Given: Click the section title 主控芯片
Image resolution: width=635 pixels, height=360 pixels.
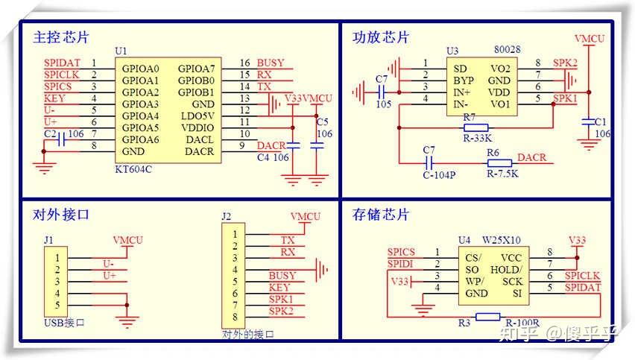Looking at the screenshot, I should click(61, 37).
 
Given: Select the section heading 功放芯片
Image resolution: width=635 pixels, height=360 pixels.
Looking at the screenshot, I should click(381, 37).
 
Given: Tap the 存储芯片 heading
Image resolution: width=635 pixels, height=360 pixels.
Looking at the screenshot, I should click(381, 215).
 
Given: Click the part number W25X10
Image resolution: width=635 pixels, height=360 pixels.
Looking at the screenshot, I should click(501, 240).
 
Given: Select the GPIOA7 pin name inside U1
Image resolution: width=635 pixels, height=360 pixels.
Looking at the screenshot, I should click(196, 69).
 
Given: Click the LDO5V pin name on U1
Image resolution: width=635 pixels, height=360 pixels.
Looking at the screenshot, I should click(199, 116).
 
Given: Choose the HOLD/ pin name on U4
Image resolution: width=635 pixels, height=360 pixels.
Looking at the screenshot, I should click(507, 269).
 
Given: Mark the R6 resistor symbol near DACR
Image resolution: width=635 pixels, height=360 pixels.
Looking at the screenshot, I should click(499, 163).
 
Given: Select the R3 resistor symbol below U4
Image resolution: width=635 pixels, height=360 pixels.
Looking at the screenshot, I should click(487, 317).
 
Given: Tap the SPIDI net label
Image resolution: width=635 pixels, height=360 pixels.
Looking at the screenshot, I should click(401, 265).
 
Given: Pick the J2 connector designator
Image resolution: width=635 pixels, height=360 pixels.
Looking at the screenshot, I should click(227, 217).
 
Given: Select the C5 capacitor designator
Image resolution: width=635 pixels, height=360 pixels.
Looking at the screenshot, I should click(322, 121).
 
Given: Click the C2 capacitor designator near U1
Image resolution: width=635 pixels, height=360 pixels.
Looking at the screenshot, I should click(50, 134).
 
